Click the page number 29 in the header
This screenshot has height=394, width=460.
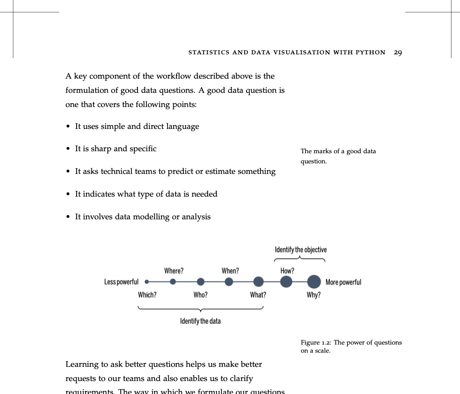point(398,52)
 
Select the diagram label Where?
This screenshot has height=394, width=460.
point(174,271)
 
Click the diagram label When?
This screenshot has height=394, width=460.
point(230,271)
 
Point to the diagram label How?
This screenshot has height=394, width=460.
point(287,271)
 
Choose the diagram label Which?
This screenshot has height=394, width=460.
point(147,295)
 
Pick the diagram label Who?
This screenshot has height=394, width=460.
point(200,295)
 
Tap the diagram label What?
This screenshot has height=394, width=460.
point(258,295)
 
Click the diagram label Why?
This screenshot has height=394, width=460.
point(314,295)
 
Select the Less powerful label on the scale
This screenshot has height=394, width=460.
point(121,282)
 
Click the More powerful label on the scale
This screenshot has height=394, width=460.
point(343,282)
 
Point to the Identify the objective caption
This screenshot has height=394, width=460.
point(301,249)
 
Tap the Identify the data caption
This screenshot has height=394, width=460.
point(200,321)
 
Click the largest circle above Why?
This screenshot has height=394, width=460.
point(314,281)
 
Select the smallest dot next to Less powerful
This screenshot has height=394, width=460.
point(147,282)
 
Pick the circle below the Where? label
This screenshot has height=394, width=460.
point(173,282)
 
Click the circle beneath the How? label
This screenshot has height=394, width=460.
point(286,281)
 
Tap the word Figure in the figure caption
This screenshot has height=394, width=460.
point(310,343)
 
